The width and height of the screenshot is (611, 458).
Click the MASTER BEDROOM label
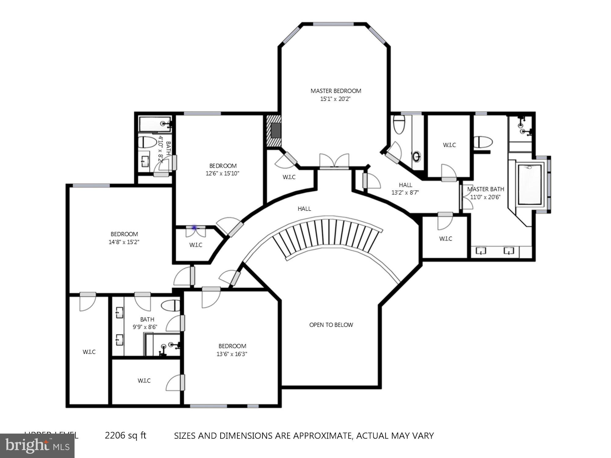point(336,91)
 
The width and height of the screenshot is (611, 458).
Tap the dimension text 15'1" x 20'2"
point(335,99)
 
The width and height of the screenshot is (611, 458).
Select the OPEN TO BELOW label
point(331,325)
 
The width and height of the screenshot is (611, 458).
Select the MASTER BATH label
point(485,189)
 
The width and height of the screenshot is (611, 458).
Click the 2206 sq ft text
point(125,435)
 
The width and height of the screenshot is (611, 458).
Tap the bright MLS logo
point(37,446)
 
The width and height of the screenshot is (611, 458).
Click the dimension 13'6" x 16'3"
point(232,354)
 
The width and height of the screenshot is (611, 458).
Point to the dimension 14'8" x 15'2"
point(124,242)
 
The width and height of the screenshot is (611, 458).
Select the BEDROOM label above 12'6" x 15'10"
point(223,166)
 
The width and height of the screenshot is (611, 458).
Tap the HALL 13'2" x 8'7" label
point(405,189)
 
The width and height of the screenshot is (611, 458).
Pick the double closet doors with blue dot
point(196,232)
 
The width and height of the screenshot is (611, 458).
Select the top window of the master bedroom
point(334,24)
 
